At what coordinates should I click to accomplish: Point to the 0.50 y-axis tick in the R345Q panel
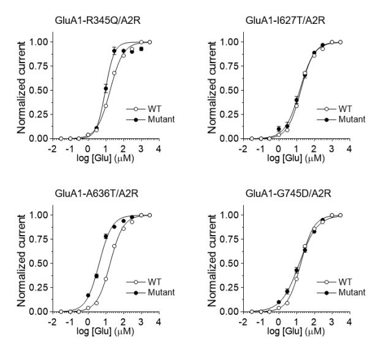(37, 90)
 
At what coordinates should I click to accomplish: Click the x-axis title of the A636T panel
(104, 332)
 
